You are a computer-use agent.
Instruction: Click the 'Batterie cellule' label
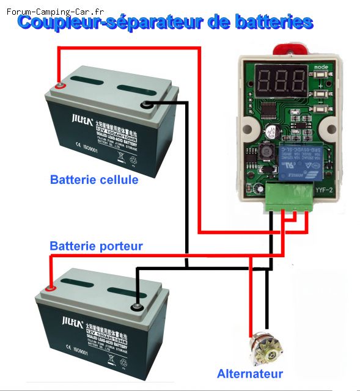coord(94,180)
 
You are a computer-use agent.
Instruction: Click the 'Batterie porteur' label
coord(96,246)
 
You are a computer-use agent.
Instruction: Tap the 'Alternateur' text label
coord(250,374)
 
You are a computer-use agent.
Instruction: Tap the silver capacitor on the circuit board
coord(270,130)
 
